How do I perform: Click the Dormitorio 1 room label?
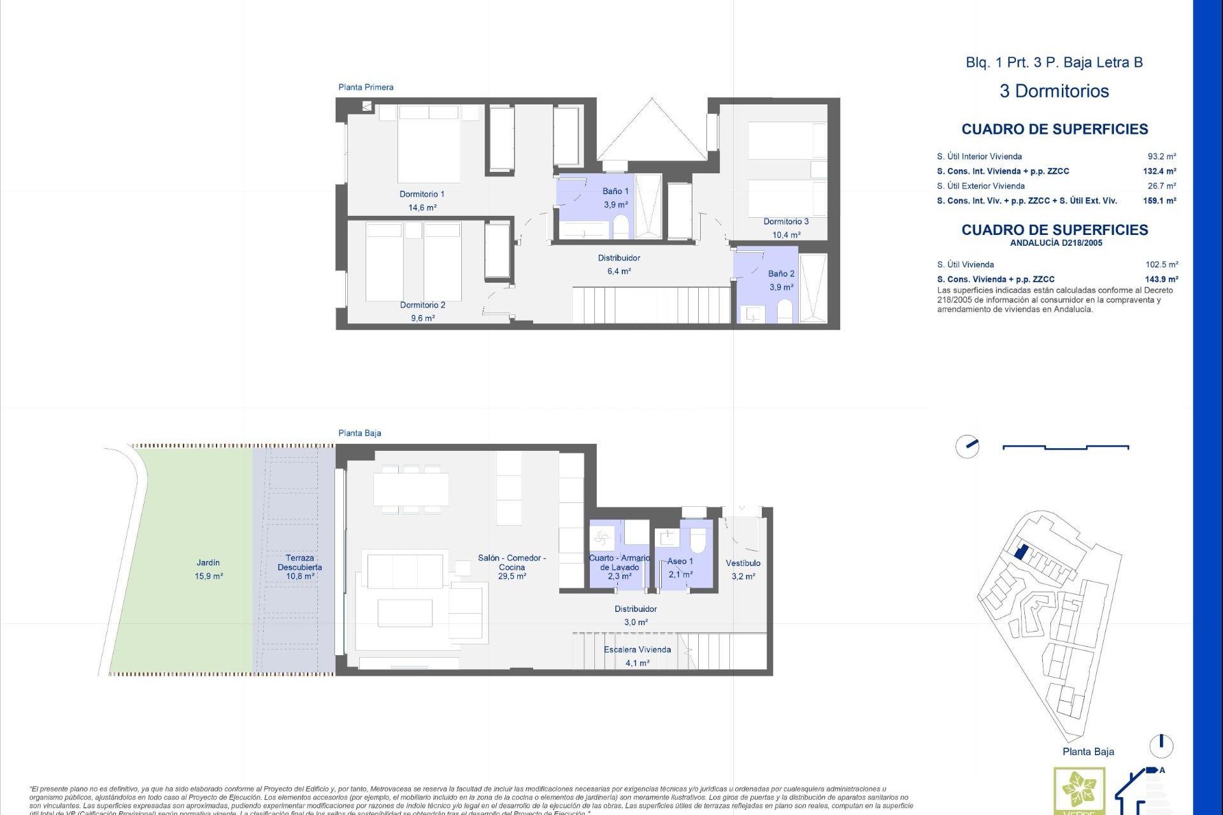(422, 194)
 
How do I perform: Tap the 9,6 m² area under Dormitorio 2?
(422, 318)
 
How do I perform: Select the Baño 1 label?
(615, 191)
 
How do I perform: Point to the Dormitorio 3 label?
(786, 222)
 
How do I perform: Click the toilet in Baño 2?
(785, 311)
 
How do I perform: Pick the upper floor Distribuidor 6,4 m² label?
(619, 264)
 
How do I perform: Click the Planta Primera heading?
(366, 87)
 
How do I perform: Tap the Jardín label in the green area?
(208, 563)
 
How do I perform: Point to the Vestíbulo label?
(743, 563)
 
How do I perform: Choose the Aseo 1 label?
(680, 561)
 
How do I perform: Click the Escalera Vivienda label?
(637, 649)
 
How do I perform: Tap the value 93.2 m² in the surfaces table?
(1161, 157)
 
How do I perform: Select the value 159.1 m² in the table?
(1159, 201)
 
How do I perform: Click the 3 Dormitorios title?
(1054, 91)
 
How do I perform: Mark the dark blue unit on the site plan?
(1020, 551)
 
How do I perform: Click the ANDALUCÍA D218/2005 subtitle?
(1055, 243)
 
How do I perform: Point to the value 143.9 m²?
(1161, 280)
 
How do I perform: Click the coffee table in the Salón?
(404, 613)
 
